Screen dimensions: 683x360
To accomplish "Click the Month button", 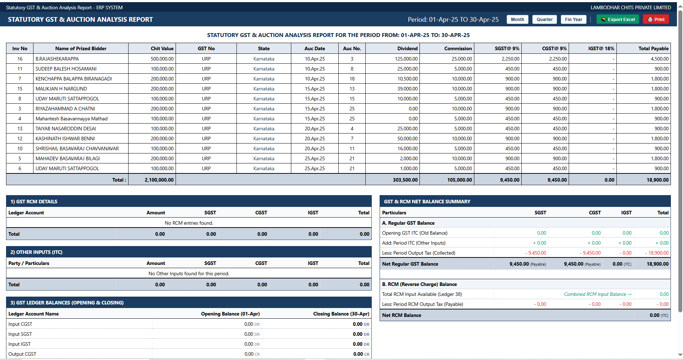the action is point(517,20).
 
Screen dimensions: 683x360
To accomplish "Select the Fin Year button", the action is point(573,20).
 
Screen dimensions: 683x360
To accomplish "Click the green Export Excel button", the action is point(617,20).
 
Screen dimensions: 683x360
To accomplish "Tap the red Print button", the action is point(656,20).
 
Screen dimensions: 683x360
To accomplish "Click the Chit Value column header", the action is point(162,48).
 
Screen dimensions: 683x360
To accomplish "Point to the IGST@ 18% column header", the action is point(601,48).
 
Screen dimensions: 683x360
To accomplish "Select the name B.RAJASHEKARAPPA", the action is point(57,59).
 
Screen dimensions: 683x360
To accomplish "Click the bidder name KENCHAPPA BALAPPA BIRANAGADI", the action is point(74,79).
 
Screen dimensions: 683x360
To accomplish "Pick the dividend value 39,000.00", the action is point(407,89).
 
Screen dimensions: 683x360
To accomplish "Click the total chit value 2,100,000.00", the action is point(159,180).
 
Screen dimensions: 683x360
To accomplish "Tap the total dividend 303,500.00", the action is point(405,180).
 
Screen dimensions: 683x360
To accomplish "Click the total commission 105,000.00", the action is point(460,180).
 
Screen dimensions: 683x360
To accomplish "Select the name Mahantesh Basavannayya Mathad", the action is point(72,119).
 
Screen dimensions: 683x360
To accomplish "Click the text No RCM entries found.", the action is point(189,223).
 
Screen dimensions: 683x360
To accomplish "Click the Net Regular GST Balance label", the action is point(410,264).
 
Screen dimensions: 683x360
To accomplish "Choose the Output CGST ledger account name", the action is point(22,354).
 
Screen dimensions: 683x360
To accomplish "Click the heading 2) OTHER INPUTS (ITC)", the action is point(36,252).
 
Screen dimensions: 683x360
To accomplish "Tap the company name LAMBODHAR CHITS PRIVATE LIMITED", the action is point(631,7).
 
